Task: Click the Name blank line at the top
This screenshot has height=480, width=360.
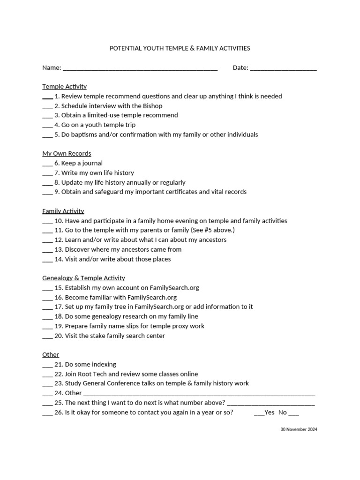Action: pos(140,69)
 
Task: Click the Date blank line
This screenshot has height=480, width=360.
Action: pos(283,69)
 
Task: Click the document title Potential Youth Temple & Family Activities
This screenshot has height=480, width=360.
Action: pos(180,48)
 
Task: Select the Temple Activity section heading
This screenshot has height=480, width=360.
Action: pos(64,87)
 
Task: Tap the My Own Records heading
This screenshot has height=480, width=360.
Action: pos(67,153)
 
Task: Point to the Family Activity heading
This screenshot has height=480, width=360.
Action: pos(63,211)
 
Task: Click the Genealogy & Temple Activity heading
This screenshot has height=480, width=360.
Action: pos(83,278)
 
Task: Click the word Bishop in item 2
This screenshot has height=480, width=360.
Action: pos(152,106)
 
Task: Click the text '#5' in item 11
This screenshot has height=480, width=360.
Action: pos(211,230)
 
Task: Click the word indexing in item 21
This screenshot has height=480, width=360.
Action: pos(103,364)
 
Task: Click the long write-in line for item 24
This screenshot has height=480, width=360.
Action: pos(199,395)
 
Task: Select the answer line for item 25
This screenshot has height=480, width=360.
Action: pos(270,404)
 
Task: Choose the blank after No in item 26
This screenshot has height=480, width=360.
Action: pos(293,414)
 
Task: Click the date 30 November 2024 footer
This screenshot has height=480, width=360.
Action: pos(299,429)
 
